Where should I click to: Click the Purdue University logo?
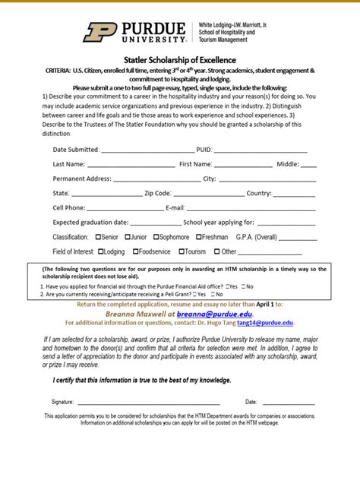tap(136, 31)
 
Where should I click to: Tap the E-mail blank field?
tap(251, 208)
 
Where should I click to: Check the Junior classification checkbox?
tap(128, 237)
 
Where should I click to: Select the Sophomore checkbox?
tap(156, 237)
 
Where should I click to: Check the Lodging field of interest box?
tap(100, 251)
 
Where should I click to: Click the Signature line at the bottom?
tap(148, 402)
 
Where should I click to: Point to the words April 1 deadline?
tap(261, 303)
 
